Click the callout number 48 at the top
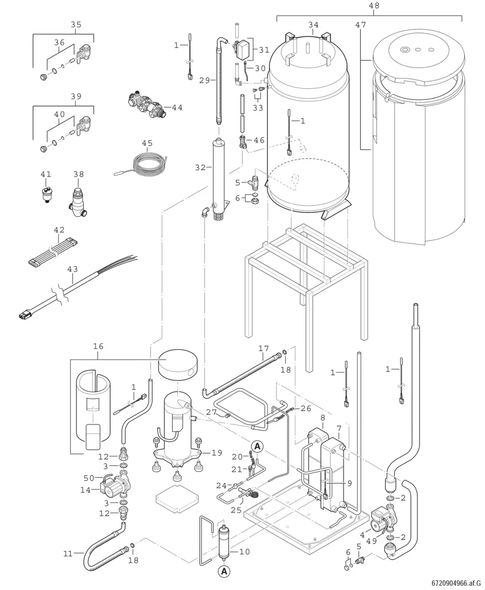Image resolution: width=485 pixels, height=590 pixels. click(374, 5)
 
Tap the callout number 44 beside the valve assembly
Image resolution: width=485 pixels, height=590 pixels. click(177, 108)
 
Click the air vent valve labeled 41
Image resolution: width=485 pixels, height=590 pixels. click(46, 193)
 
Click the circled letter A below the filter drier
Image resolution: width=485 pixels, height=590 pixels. click(224, 571)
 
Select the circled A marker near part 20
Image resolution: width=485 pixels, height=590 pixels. click(257, 446)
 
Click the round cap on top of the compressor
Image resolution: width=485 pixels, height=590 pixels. click(178, 365)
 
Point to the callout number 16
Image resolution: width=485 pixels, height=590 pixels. click(98, 346)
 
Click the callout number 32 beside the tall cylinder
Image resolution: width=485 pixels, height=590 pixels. click(200, 168)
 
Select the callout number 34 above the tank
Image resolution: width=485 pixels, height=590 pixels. click(313, 25)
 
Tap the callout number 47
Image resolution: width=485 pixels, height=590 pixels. click(361, 25)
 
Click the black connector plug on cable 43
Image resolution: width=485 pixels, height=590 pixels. click(24, 317)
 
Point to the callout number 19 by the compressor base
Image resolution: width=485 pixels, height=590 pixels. click(217, 453)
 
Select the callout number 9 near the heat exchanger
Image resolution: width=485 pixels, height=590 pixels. click(350, 483)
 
